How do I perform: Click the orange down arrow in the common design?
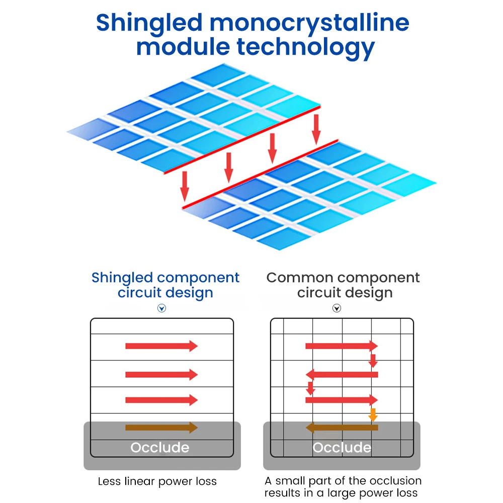pyautogui.click(x=373, y=414)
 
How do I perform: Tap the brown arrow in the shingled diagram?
pyautogui.click(x=161, y=428)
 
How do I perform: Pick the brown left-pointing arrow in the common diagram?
pyautogui.click(x=342, y=428)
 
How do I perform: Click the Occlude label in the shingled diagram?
pyautogui.click(x=160, y=447)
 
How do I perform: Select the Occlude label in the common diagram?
pyautogui.click(x=342, y=447)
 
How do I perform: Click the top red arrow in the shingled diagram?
pyautogui.click(x=161, y=346)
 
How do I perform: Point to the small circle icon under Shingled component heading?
pyautogui.click(x=161, y=308)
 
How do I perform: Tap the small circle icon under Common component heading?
pyautogui.click(x=337, y=308)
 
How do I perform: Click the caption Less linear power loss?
pyautogui.click(x=157, y=481)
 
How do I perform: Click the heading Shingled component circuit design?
pyautogui.click(x=165, y=285)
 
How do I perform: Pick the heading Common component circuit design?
pyautogui.click(x=343, y=285)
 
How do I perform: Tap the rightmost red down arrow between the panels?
pyautogui.click(x=316, y=129)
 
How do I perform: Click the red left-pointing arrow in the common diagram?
pyautogui.click(x=342, y=374)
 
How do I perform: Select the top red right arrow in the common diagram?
pyautogui.click(x=342, y=346)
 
